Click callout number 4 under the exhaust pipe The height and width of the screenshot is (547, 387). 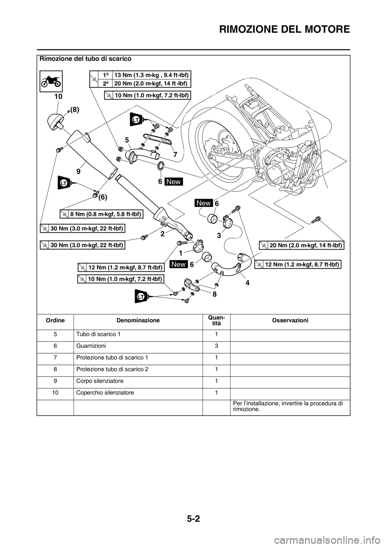[x=246, y=283]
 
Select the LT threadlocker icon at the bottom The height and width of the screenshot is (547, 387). [x=141, y=297]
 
